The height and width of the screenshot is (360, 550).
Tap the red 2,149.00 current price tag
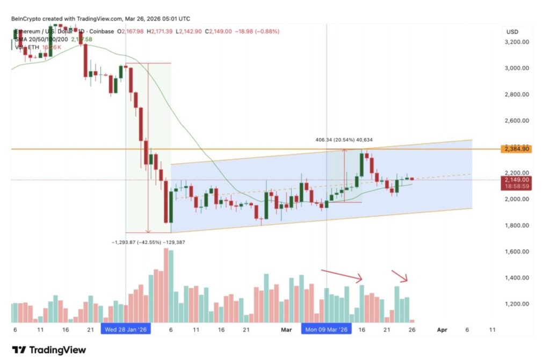516,180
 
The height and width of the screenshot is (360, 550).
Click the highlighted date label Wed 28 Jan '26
126,329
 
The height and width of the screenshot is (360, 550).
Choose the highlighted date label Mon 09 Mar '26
326,329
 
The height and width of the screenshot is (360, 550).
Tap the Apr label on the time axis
441,329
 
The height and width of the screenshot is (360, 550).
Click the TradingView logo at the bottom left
49,350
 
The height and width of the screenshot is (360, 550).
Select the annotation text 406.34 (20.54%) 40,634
344,140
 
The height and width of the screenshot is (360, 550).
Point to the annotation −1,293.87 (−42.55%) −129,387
149,243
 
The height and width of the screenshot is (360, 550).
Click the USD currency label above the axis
511,32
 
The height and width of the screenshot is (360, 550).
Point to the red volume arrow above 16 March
342,275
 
